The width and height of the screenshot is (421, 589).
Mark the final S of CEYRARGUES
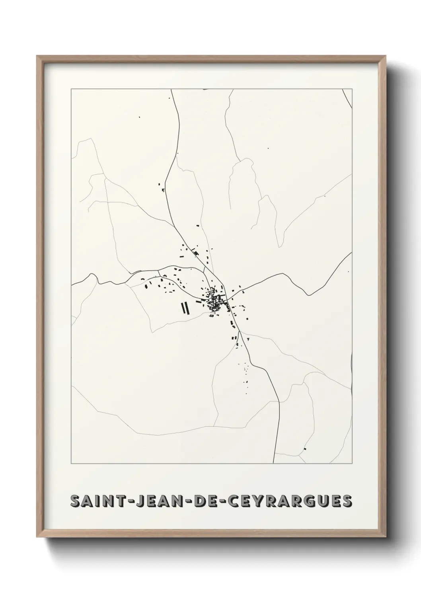pyautogui.click(x=347, y=502)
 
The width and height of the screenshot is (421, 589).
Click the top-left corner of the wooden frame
pyautogui.click(x=37, y=56)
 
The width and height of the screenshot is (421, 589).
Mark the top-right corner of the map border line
pyautogui.click(x=353, y=89)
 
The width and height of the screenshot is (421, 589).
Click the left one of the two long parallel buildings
pyautogui.click(x=182, y=308)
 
